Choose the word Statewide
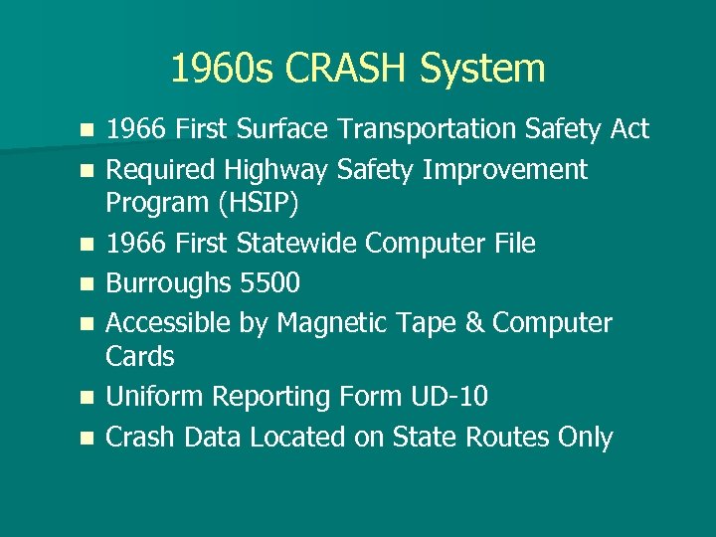[x=310, y=243]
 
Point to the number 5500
[x=269, y=283]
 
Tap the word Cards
[x=140, y=356]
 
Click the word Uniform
[x=152, y=397]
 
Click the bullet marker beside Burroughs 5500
[x=88, y=284]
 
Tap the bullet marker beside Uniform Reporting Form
[x=88, y=398]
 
